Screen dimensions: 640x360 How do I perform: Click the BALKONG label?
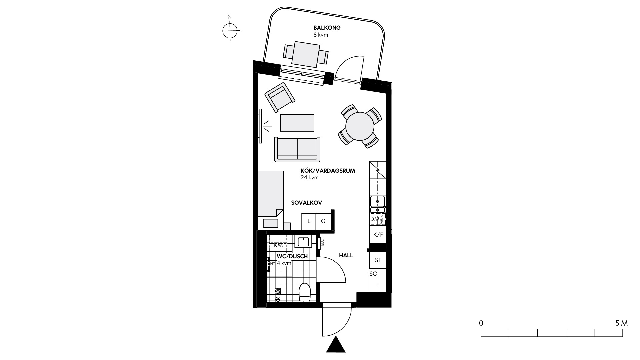[327, 28]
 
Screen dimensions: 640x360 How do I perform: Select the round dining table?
[360, 126]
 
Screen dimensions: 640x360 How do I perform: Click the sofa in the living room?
[297, 149]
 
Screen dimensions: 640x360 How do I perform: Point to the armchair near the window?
[280, 98]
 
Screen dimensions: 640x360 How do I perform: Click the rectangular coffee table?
[297, 123]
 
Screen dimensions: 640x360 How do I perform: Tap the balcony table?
[306, 54]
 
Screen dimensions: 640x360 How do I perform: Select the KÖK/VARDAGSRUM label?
[328, 171]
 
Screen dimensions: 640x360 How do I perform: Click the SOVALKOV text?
[306, 202]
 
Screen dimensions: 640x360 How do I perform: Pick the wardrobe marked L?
[309, 221]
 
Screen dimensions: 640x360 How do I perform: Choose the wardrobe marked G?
[323, 221]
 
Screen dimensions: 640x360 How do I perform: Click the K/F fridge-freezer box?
[378, 235]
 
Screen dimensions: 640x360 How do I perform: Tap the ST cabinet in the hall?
[378, 260]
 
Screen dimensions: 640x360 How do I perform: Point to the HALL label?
[346, 256]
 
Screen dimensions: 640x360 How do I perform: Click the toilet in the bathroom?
[305, 292]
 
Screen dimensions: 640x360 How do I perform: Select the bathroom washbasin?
[304, 241]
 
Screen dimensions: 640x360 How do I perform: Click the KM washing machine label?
[278, 245]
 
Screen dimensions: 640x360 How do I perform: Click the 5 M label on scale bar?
[621, 323]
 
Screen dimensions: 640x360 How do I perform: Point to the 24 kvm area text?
[309, 178]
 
